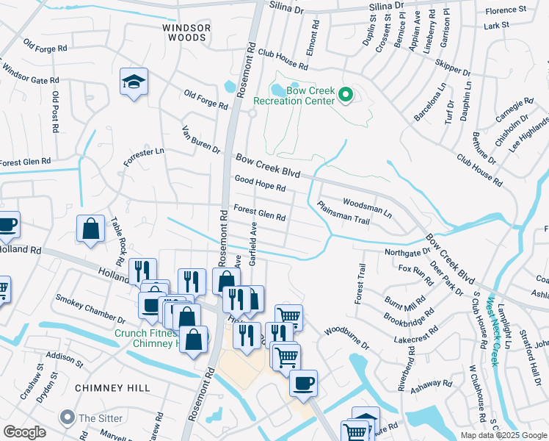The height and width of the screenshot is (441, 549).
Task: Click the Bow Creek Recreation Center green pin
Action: point(346,95)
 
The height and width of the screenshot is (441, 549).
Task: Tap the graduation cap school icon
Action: point(134,82)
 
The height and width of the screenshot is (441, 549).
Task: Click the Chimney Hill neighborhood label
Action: point(113,387)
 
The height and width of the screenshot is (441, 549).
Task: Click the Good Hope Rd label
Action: point(260,183)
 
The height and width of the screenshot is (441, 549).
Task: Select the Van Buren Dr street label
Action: point(201,140)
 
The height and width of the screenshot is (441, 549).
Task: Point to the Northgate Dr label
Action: point(408,252)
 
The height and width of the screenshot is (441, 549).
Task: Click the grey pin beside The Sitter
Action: point(68,417)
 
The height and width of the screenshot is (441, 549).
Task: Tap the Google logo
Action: point(24,432)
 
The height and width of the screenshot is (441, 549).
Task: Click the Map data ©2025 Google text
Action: point(503,435)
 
